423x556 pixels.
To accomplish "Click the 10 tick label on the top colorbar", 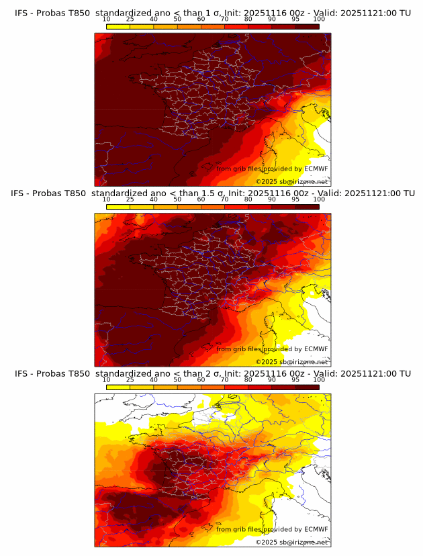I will pos(107,19).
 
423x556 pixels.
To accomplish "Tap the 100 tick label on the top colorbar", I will pos(319,19).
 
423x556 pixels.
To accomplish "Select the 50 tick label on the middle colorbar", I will pos(177,199).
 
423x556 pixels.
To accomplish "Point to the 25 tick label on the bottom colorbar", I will pos(130,379).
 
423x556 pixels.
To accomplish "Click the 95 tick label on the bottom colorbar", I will pos(295,379).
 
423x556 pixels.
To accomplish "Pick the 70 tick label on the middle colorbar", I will pos(224,199).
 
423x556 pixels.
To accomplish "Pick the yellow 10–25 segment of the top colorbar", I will pos(118,26).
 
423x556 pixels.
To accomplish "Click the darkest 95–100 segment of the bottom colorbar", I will pos(307,387).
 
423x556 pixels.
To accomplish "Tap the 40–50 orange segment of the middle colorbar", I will pos(165,206).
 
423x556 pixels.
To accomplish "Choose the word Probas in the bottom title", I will pos(49,373).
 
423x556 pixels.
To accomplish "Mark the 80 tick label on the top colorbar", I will pos(248,19).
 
